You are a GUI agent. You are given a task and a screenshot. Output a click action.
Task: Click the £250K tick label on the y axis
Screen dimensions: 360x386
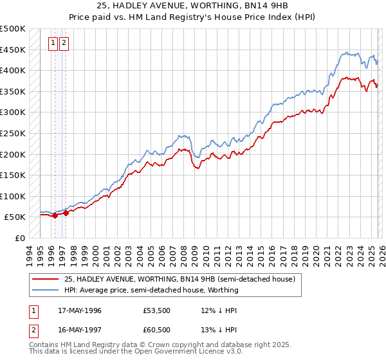[x=13, y=134]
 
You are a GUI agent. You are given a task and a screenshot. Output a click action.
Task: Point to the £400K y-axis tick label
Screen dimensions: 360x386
[x=13, y=71]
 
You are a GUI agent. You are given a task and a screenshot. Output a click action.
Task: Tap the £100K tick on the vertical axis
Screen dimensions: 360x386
[x=13, y=197]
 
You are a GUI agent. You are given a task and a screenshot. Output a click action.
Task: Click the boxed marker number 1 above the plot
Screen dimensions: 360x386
[x=53, y=43]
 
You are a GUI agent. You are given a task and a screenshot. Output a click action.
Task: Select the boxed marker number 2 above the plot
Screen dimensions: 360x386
[x=64, y=43]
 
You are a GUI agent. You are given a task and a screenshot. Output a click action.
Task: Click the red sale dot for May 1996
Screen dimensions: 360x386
[x=55, y=216]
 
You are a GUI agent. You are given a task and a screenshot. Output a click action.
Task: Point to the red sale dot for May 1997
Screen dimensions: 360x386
[x=66, y=213]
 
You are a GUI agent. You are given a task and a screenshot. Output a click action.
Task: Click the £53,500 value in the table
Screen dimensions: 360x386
[x=156, y=310]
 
